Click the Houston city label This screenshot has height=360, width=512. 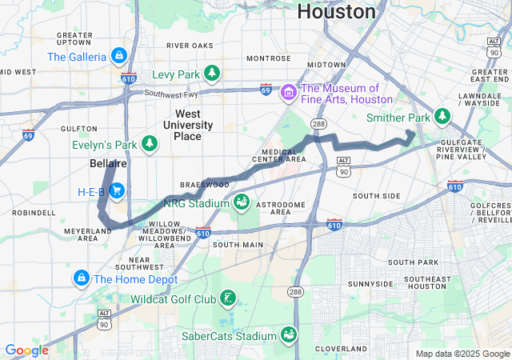[336, 12]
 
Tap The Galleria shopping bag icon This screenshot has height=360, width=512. [118, 56]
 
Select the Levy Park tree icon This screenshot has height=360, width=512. [212, 74]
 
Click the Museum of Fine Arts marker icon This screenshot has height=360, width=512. [288, 94]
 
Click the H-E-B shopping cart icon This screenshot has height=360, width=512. [117, 191]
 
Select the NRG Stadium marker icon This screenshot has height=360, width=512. [242, 199]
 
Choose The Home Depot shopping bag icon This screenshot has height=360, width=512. [81, 279]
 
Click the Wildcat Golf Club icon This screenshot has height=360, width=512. [229, 299]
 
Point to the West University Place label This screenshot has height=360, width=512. [188, 125]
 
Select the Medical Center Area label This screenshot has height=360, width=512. [279, 154]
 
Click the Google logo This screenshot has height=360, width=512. [26, 350]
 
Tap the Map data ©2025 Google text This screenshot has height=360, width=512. [462, 354]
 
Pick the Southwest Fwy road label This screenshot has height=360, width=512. [172, 93]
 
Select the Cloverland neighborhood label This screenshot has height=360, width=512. [340, 349]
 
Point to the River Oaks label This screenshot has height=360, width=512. [190, 45]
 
